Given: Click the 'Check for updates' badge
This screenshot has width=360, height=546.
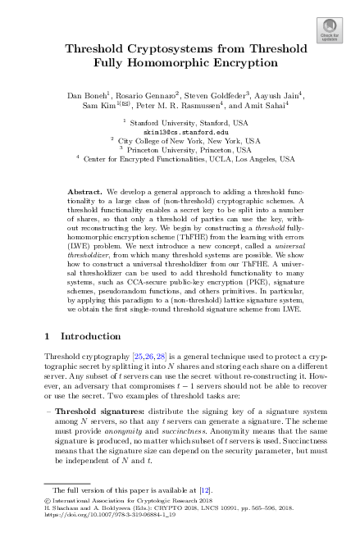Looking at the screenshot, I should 330,28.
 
